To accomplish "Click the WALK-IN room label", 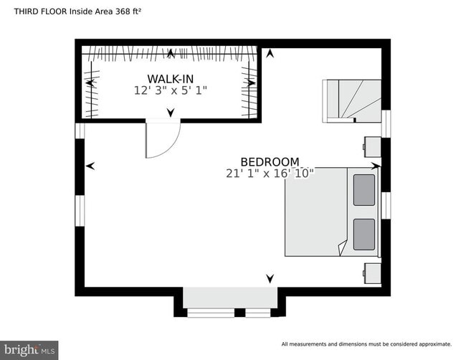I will (170, 78).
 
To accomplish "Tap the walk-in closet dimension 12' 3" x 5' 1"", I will (170, 91).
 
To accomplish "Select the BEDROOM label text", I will (270, 162).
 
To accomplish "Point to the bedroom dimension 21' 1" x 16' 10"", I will (270, 174).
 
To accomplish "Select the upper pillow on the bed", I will (364, 190).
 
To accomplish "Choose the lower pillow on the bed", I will (364, 235).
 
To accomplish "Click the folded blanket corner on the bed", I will (341, 248).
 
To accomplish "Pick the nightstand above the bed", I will (373, 146).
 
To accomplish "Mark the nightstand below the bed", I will (373, 273).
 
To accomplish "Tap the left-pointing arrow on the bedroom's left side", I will (90, 166).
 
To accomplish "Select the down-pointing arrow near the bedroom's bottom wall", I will (270, 278).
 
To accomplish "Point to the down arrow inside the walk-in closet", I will (171, 113).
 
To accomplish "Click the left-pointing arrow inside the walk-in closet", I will (90, 83).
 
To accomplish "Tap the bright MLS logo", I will (29, 349).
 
